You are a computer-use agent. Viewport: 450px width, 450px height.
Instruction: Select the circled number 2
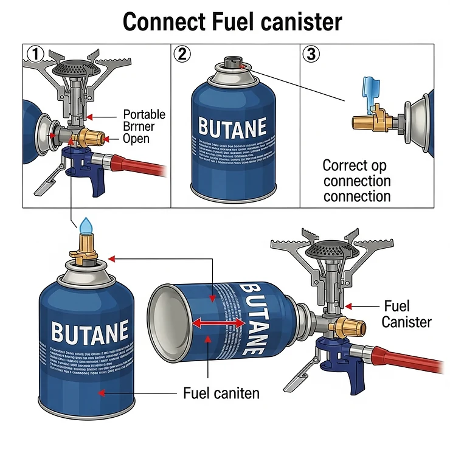(x=182, y=54)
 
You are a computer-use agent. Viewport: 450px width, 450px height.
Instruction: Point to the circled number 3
(x=311, y=54)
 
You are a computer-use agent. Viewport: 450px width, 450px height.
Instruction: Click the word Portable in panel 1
(x=144, y=114)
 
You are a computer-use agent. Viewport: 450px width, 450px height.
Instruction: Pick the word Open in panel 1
(x=136, y=139)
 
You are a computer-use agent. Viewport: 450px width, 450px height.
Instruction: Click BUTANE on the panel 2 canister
(x=232, y=127)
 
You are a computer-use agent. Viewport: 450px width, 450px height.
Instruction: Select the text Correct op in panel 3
(x=354, y=165)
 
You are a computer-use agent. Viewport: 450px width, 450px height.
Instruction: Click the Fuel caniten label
(x=221, y=393)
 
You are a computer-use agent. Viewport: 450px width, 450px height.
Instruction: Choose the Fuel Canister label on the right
(x=406, y=314)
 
